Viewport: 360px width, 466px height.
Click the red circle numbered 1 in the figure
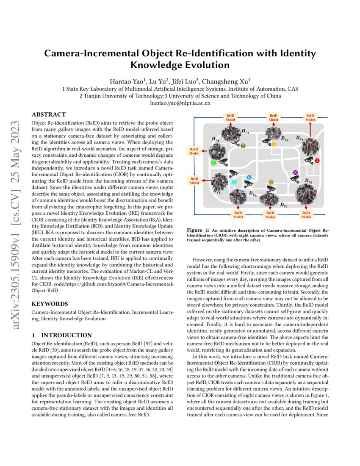[x=318, y=161]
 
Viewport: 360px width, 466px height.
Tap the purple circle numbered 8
[x=296, y=173]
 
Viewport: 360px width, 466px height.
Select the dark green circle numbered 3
[x=243, y=145]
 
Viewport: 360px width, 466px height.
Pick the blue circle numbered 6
[x=249, y=177]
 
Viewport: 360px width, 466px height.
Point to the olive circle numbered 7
[x=271, y=182]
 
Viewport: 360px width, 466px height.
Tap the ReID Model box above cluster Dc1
[x=310, y=117]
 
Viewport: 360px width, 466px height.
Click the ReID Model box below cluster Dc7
[x=270, y=215]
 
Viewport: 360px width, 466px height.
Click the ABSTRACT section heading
[x=49, y=114]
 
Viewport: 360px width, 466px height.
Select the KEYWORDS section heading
[x=50, y=304]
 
